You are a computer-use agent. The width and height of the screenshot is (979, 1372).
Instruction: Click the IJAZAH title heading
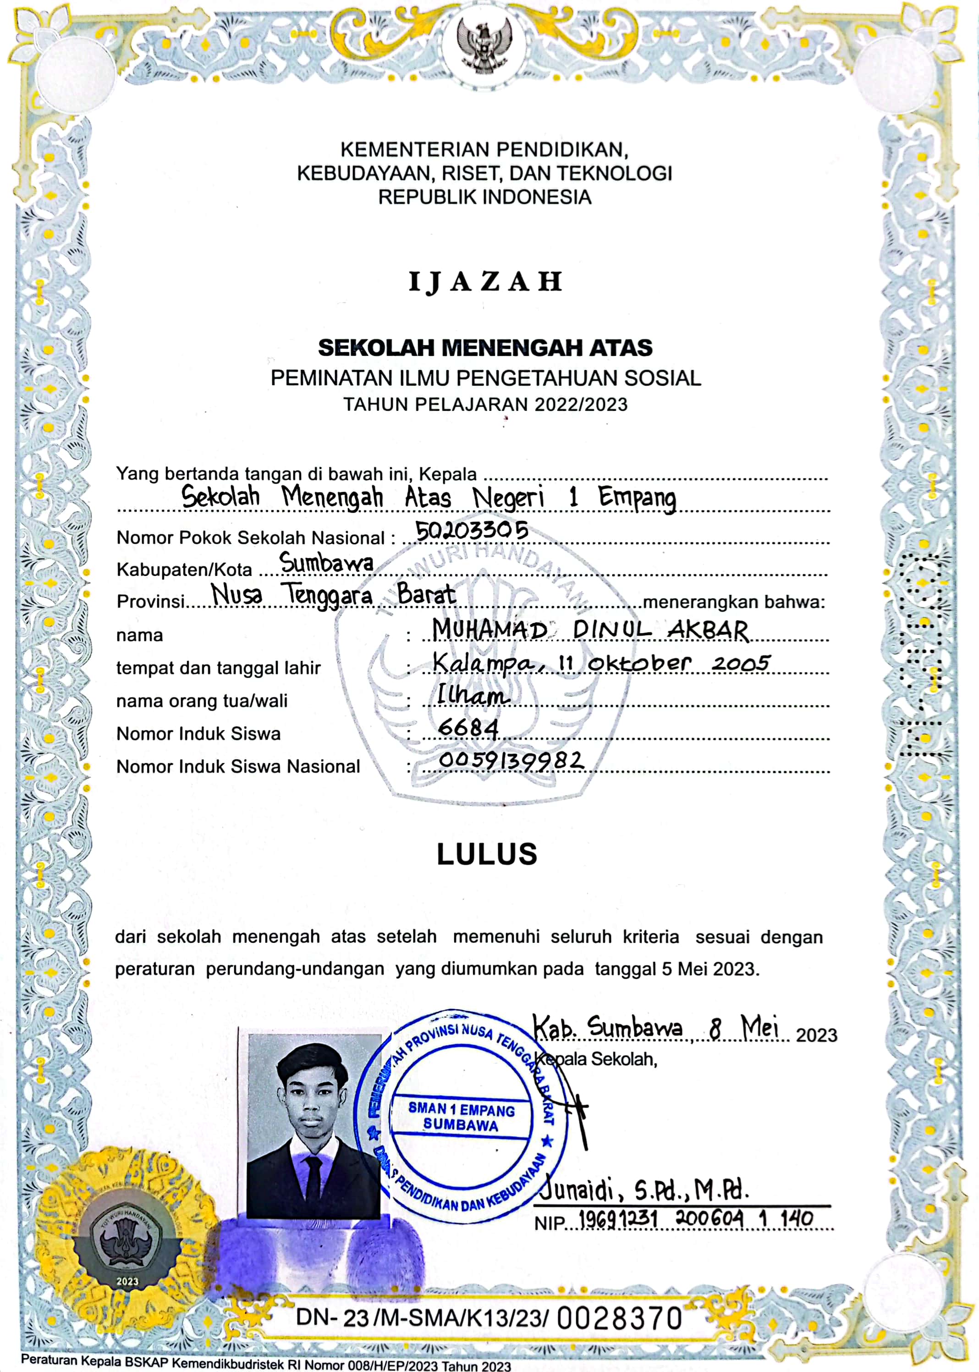[485, 282]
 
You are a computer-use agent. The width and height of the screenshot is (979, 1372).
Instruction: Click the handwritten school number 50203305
[472, 531]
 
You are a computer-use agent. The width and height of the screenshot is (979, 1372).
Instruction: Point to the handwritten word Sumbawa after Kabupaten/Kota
[327, 563]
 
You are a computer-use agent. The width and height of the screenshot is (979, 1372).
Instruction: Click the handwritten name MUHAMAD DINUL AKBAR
[591, 630]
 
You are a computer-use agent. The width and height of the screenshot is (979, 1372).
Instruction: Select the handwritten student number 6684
[468, 729]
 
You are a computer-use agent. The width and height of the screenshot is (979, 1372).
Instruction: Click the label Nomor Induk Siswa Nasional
[238, 767]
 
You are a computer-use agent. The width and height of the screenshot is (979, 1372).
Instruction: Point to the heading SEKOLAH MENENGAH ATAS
[485, 348]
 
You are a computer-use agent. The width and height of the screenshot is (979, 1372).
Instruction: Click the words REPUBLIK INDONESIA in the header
[484, 197]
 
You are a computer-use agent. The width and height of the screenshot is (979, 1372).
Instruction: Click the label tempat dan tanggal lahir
[218, 668]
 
